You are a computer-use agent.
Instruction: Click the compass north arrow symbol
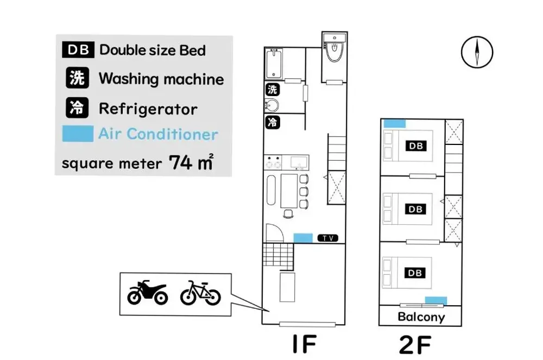point(477,52)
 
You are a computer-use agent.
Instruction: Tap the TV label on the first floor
point(327,238)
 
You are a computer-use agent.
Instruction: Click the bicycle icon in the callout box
point(200,293)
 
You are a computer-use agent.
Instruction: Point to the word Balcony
point(421,317)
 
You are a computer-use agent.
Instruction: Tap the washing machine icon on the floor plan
point(273,90)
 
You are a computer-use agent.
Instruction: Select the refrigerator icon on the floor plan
point(273,122)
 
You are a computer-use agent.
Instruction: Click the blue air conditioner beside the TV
point(303,238)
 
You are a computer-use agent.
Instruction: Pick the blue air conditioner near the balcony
point(435,300)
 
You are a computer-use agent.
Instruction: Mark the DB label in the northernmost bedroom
point(415,146)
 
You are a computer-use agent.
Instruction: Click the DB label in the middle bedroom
point(415,209)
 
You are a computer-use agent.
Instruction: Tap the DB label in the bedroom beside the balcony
point(415,273)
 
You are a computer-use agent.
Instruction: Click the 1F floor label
point(305,344)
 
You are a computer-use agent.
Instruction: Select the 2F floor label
point(415,344)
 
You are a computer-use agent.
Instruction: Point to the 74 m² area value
point(191,162)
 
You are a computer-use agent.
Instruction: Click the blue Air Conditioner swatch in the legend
point(78,134)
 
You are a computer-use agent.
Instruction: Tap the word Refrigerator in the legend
point(148,109)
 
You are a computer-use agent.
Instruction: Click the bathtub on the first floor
point(274,64)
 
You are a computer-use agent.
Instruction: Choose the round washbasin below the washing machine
point(272,105)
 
